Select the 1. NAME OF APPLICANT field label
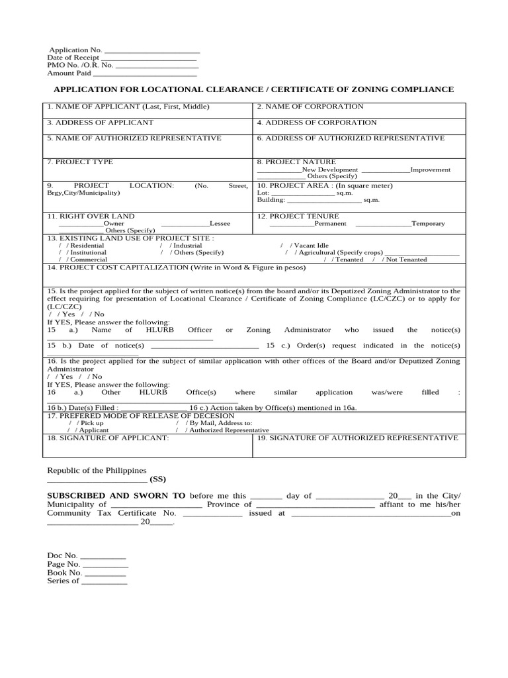(128, 107)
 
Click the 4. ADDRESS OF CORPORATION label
(316, 122)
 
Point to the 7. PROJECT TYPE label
(80, 162)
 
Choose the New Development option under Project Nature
(329, 169)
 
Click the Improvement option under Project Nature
(430, 169)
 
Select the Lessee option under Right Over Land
(220, 224)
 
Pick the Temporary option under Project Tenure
(428, 224)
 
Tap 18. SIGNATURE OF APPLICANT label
(108, 438)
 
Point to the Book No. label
(64, 573)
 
